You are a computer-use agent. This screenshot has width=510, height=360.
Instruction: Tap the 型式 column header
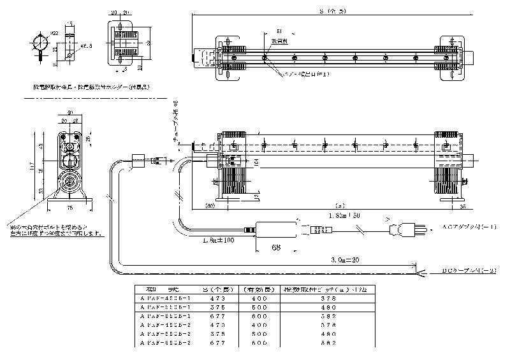click(159, 288)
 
